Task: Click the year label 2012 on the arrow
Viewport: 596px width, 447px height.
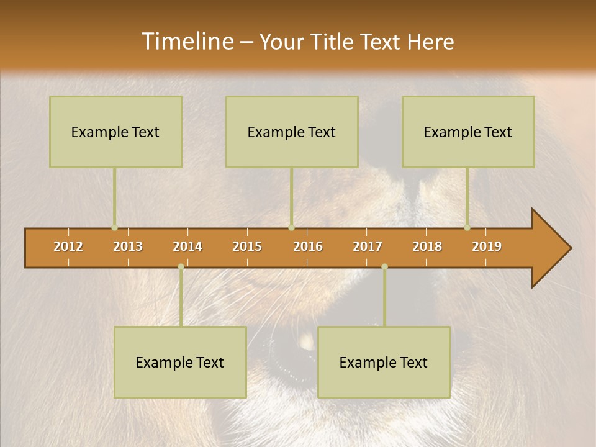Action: pos(68,246)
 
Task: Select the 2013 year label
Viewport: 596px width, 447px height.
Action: pos(128,246)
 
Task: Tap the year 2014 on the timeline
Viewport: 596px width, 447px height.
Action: pos(187,246)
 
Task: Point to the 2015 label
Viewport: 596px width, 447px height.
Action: pos(247,246)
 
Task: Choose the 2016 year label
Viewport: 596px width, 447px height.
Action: pos(308,246)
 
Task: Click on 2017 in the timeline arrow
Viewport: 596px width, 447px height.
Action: pos(368,246)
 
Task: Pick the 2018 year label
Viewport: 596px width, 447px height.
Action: pos(427,246)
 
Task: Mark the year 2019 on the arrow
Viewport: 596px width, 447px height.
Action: pos(487,246)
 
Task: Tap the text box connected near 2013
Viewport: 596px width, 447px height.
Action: pos(115,132)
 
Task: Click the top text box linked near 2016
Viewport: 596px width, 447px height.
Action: pos(292,132)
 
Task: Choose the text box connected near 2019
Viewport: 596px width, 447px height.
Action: pos(468,132)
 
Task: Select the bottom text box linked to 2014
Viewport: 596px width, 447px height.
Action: pos(180,362)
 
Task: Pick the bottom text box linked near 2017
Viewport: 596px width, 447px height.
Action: pos(384,362)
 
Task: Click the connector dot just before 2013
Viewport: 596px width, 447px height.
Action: pos(114,227)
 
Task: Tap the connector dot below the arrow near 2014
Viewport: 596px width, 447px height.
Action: pos(181,266)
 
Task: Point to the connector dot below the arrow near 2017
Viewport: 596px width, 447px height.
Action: pos(384,266)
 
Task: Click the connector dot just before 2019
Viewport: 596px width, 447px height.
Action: pos(467,227)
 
